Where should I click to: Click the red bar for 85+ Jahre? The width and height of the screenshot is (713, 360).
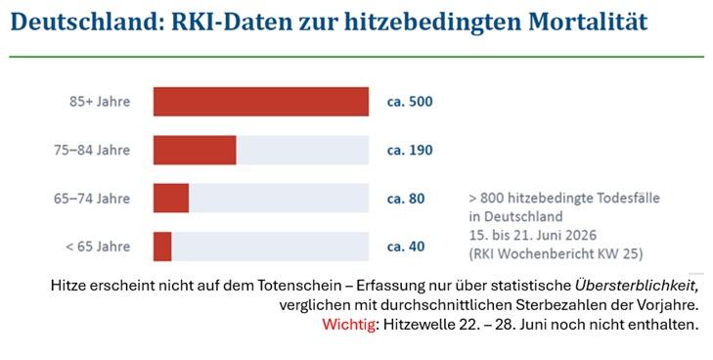click(261, 102)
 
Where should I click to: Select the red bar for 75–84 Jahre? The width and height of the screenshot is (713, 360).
click(195, 150)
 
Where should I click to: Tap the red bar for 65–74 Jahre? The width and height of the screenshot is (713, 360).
click(171, 199)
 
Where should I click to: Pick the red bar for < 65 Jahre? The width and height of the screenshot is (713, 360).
click(162, 247)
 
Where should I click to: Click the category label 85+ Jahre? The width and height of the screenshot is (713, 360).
click(100, 102)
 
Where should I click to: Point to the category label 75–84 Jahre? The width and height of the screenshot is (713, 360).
click(92, 150)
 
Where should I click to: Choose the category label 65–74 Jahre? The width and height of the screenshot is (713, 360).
click(92, 199)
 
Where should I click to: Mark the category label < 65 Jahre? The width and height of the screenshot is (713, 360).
click(98, 247)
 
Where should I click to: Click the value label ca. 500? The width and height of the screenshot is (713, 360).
click(410, 102)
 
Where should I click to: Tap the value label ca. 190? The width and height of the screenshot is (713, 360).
click(410, 150)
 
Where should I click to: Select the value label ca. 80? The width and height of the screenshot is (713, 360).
click(406, 199)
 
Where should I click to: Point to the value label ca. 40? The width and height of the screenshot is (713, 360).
click(406, 247)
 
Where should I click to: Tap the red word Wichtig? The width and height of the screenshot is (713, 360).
click(349, 325)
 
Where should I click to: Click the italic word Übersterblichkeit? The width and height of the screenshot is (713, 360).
click(636, 285)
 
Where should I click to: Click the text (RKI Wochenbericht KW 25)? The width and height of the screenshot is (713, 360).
click(556, 253)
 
